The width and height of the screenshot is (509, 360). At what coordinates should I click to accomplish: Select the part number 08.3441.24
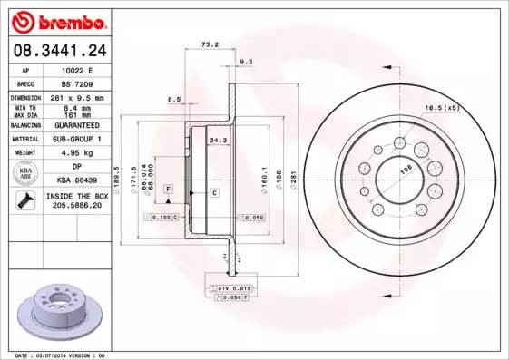tap(56, 51)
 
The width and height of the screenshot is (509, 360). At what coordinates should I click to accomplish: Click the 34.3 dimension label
tap(219, 141)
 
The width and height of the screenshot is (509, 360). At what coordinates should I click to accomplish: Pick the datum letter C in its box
tap(214, 193)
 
